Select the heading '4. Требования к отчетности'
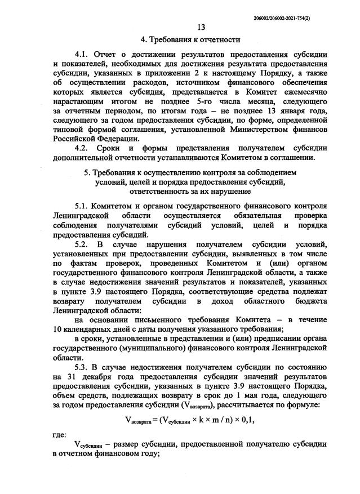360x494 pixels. click(x=190, y=40)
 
